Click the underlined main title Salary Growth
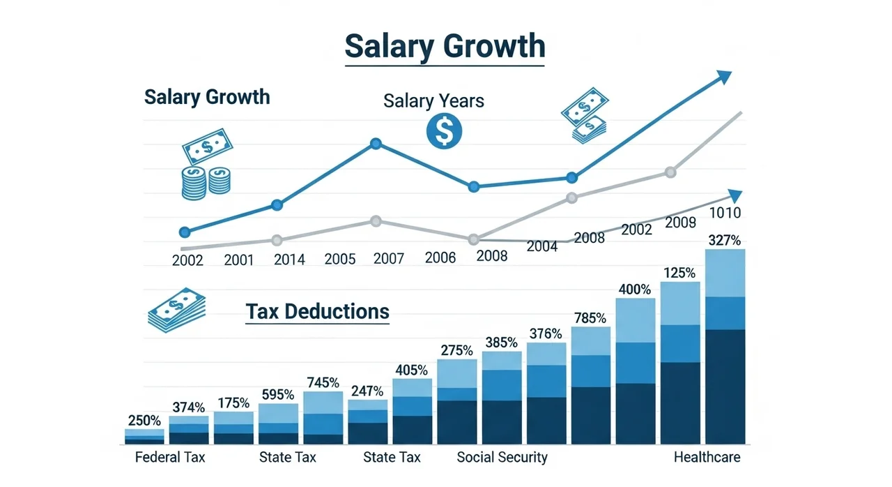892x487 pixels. (445, 47)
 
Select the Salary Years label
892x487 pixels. (433, 100)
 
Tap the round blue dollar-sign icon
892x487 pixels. (444, 131)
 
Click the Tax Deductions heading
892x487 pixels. (317, 312)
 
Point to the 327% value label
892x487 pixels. (724, 240)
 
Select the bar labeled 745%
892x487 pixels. (323, 418)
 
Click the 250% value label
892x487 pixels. (144, 421)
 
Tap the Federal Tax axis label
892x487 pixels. (170, 457)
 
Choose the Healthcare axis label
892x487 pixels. (707, 457)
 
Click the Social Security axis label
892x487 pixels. (502, 457)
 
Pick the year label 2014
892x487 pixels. (289, 260)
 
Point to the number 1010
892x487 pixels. (725, 213)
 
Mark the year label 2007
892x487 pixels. (389, 259)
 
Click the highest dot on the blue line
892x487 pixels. (376, 144)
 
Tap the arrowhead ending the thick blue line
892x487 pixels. (725, 77)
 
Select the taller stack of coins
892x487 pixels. (194, 183)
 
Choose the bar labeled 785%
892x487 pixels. (591, 385)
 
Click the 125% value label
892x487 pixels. (679, 273)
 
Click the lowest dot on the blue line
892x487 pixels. (185, 232)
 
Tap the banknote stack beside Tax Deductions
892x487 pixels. (177, 310)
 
